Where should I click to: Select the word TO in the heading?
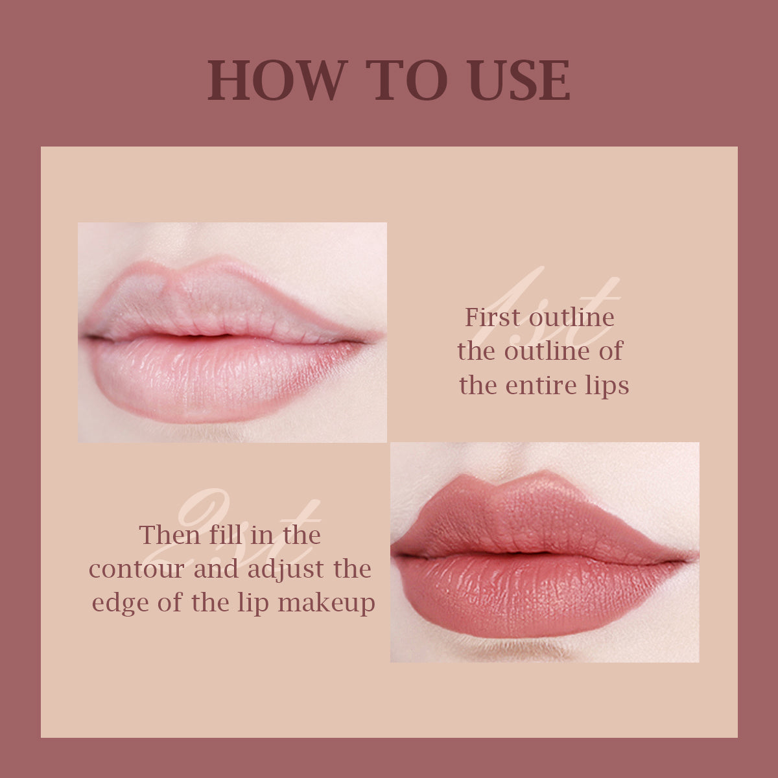406,80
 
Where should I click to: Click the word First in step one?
493,317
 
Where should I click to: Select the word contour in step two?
137,569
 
